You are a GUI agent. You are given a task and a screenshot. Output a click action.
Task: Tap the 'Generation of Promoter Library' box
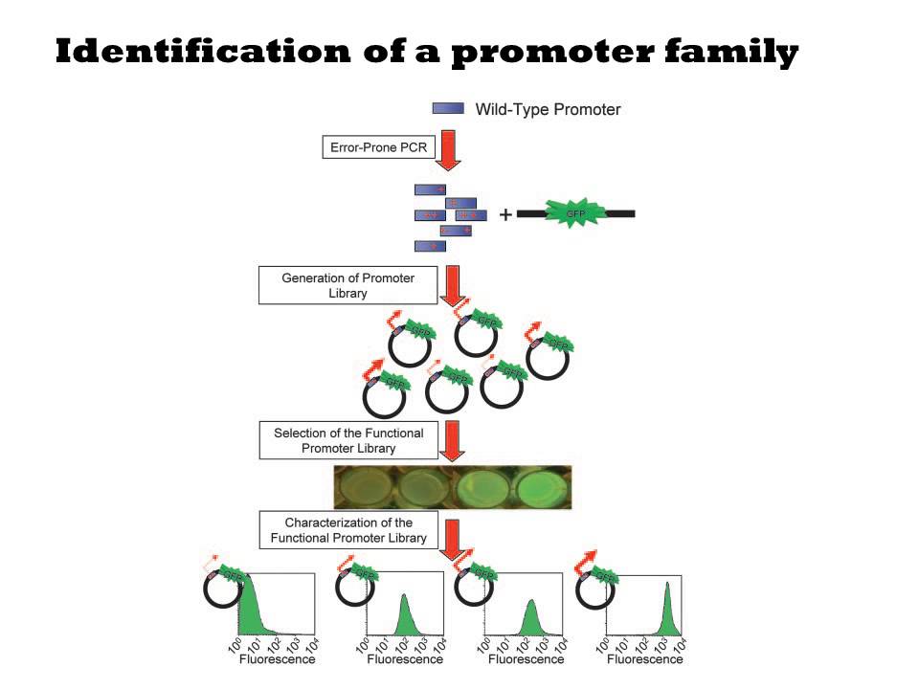point(347,285)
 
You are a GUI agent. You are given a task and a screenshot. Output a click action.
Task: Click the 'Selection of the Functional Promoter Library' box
point(347,440)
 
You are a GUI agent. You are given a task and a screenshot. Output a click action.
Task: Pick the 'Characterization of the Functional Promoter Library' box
point(348,530)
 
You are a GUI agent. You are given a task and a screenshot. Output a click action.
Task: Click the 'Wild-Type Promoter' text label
point(548,109)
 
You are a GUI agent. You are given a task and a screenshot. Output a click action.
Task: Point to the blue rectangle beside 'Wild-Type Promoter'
point(448,109)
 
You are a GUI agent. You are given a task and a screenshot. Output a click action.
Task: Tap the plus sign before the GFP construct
point(505,214)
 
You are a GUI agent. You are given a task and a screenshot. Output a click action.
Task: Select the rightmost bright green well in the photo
point(536,488)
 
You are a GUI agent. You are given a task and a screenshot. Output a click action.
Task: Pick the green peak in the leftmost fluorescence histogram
point(252,612)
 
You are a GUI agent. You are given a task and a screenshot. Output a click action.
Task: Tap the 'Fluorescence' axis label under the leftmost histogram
point(277,659)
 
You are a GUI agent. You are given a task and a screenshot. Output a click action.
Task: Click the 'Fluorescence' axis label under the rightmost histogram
point(645,659)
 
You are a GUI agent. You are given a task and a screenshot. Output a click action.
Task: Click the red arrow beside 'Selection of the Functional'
point(448,441)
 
